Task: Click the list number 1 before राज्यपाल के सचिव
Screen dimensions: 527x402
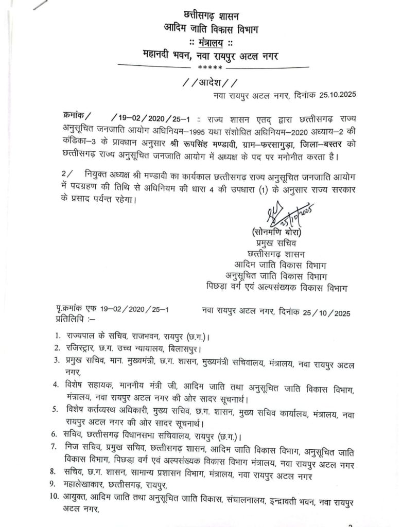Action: [58, 337]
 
